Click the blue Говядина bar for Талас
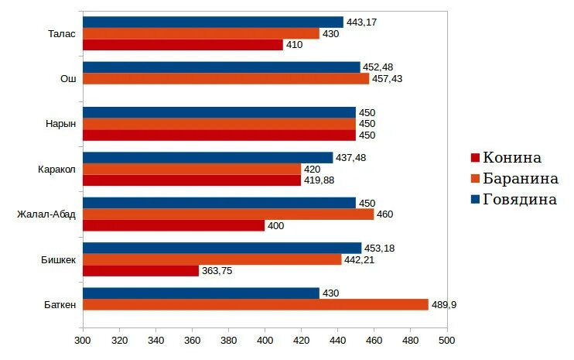pos(213,22)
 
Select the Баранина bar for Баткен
pos(255,305)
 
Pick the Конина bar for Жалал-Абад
pos(173,226)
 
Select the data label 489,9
pos(444,305)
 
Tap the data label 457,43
pos(387,78)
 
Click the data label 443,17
pos(361,22)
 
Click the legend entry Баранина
pos(520,179)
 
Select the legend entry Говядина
pos(519,199)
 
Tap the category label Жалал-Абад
pos(46,214)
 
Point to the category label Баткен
pos(60,305)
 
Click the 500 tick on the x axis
pos(446,340)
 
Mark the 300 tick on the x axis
pos(83,340)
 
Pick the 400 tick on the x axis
pos(265,340)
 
